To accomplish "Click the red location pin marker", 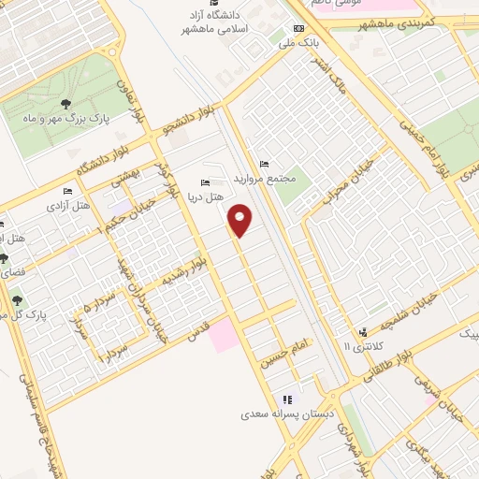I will coord(241,220).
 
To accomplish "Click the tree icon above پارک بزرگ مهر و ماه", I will coord(65,104).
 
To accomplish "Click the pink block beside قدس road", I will coord(224,334).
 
